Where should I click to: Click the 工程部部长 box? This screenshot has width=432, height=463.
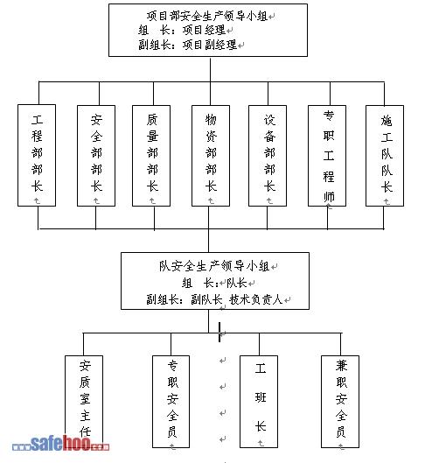pos(37,155)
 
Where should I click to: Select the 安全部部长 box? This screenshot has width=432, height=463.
pos(96,156)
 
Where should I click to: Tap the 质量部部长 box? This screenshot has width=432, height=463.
pos(151,156)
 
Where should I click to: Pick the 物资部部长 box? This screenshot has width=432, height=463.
pos(211,156)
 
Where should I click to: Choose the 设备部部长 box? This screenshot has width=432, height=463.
pos(268,156)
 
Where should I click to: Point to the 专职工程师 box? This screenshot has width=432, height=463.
pos(327,156)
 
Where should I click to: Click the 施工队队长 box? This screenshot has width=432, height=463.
pos(385,156)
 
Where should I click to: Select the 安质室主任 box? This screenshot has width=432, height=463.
pos(84,402)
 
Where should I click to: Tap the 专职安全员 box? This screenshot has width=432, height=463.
pos(171,402)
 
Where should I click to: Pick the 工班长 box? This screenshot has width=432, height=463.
pos(259,402)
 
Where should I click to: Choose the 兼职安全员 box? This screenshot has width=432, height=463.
pos(340,402)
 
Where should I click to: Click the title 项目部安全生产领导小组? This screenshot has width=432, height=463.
pos(207,16)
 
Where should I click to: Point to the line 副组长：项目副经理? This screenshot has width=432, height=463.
pos(188,45)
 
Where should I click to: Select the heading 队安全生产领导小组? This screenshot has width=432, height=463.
pos(214,266)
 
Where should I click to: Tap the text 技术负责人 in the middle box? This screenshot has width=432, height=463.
pos(255,299)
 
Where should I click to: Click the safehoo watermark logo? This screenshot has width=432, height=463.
pos(60,444)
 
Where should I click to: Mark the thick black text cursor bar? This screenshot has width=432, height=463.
pos(219,332)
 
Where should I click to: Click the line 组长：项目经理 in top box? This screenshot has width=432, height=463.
pos(182,30)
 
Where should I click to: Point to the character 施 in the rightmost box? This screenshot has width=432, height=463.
pos(387,121)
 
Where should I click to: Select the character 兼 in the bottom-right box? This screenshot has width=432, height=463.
pos(341,366)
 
